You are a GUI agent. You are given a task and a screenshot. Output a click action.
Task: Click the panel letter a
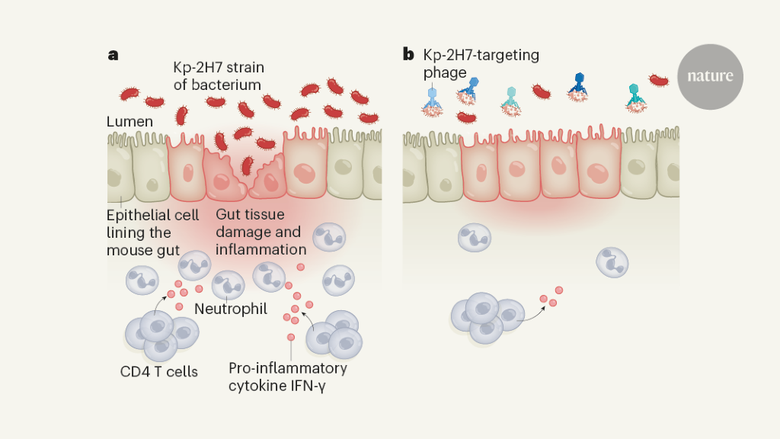pyautogui.click(x=113, y=54)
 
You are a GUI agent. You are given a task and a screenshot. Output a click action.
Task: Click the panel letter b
pyautogui.click(x=408, y=54)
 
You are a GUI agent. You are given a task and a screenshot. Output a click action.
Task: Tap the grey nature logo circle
pyautogui.click(x=710, y=76)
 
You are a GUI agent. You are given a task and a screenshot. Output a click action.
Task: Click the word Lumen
pyautogui.click(x=129, y=122)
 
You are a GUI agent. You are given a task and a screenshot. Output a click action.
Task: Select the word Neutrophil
pyautogui.click(x=226, y=309)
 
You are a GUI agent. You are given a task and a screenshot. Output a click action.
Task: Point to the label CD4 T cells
pyautogui.click(x=158, y=372)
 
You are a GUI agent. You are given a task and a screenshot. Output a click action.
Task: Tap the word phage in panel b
pyautogui.click(x=445, y=72)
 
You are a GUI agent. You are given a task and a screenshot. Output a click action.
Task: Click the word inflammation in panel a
pyautogui.click(x=261, y=249)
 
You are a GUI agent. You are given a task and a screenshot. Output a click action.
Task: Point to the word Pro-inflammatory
pyautogui.click(x=288, y=368)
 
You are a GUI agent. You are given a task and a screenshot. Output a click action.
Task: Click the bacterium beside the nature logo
pyautogui.click(x=658, y=79)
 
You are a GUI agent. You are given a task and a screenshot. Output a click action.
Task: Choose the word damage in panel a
pyautogui.click(x=241, y=232)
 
